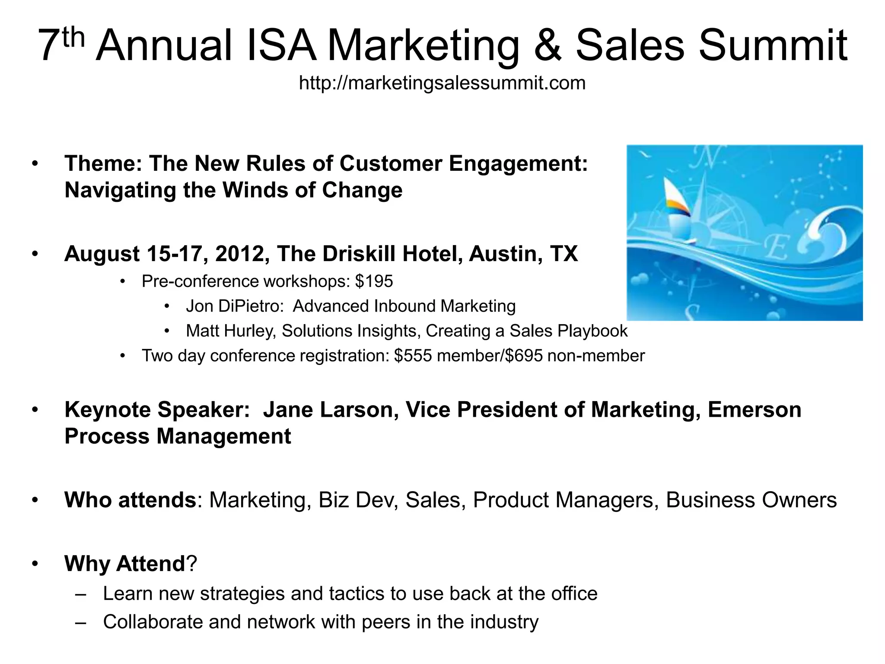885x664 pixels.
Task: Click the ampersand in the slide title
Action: tap(548, 46)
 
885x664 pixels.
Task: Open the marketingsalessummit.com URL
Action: tap(442, 83)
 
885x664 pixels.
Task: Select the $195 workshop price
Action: tap(374, 281)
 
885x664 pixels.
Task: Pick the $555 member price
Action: tap(413, 356)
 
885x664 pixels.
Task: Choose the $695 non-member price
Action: tap(523, 356)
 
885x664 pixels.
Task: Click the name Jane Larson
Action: tap(331, 410)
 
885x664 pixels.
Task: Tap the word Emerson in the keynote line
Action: tap(754, 410)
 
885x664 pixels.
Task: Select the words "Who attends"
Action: tap(130, 500)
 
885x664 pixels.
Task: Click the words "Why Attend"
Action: tap(125, 564)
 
